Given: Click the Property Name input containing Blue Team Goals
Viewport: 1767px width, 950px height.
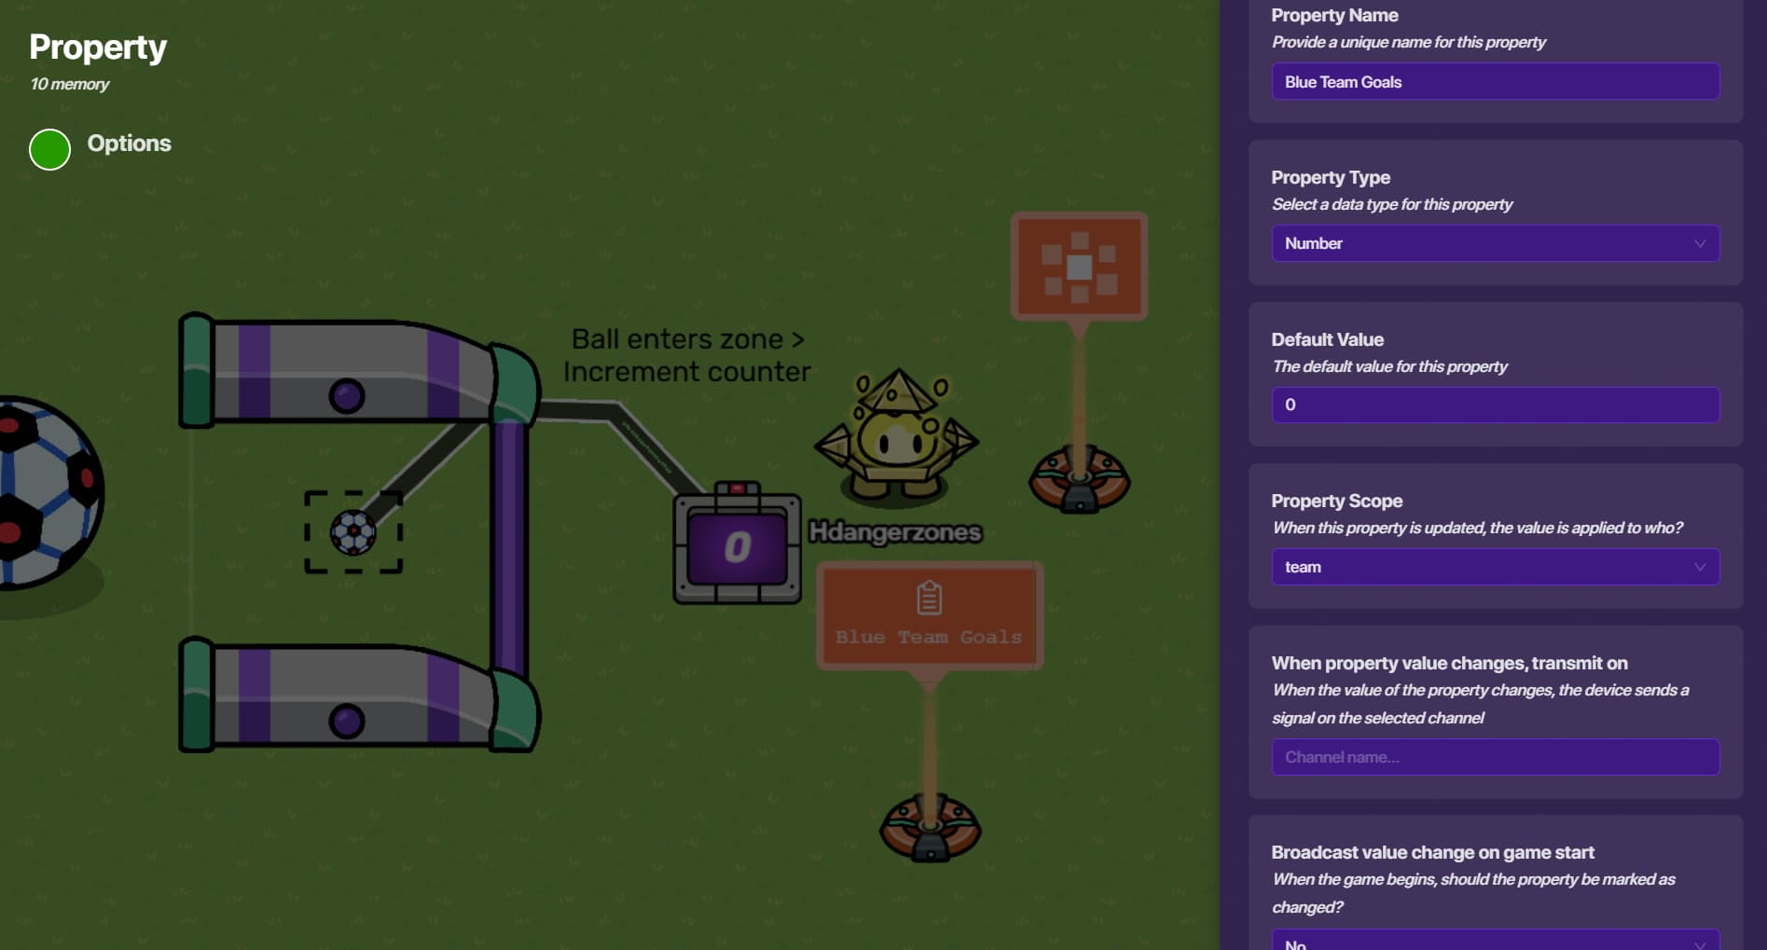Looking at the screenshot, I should click(1495, 82).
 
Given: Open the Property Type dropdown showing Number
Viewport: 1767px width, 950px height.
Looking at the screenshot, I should click(1495, 243).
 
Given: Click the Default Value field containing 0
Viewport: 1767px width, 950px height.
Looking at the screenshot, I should click(1495, 405).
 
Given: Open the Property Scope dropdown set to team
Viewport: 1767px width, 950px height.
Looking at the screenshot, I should click(1495, 567).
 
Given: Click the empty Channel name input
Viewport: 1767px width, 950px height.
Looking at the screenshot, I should click(1495, 757).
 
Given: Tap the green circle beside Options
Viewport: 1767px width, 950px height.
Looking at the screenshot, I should click(50, 149).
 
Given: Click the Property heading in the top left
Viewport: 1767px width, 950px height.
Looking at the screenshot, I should click(98, 48).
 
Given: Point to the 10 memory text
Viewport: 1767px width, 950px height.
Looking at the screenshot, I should click(70, 84).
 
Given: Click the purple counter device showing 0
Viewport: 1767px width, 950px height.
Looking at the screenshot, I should click(737, 546).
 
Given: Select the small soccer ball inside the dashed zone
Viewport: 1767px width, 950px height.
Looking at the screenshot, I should click(353, 533).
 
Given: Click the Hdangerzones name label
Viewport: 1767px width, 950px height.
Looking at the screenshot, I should click(895, 532).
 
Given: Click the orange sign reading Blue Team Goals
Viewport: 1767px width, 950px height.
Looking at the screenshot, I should click(930, 615).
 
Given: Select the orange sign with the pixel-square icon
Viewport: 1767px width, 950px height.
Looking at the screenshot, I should click(1079, 267).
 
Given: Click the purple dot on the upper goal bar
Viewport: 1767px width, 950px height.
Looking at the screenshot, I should click(347, 396).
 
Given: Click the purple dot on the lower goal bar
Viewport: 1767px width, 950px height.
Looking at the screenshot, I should click(347, 722).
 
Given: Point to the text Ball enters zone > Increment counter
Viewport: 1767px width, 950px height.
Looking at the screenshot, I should click(687, 355).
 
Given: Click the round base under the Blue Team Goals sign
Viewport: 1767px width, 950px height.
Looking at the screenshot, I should click(930, 827).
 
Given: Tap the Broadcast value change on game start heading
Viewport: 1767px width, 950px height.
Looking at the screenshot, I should click(1432, 852).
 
